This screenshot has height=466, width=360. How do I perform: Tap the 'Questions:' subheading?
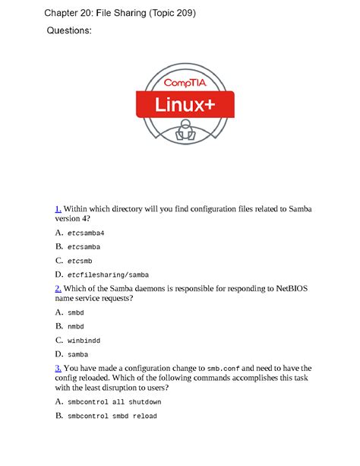(69, 31)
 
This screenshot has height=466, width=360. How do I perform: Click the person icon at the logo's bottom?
(181, 135)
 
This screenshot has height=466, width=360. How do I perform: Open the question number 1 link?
(57, 208)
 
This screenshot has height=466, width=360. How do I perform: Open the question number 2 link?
(58, 289)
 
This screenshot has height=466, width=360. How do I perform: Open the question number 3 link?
(58, 368)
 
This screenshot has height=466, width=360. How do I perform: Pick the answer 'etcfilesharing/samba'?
(108, 274)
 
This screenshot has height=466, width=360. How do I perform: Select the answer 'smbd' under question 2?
(76, 312)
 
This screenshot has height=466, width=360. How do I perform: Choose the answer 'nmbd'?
(76, 327)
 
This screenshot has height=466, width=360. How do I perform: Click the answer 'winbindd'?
(84, 341)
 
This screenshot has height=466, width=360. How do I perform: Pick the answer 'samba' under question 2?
(77, 354)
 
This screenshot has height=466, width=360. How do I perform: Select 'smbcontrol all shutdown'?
(114, 402)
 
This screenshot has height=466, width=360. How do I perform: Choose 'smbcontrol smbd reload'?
(112, 417)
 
